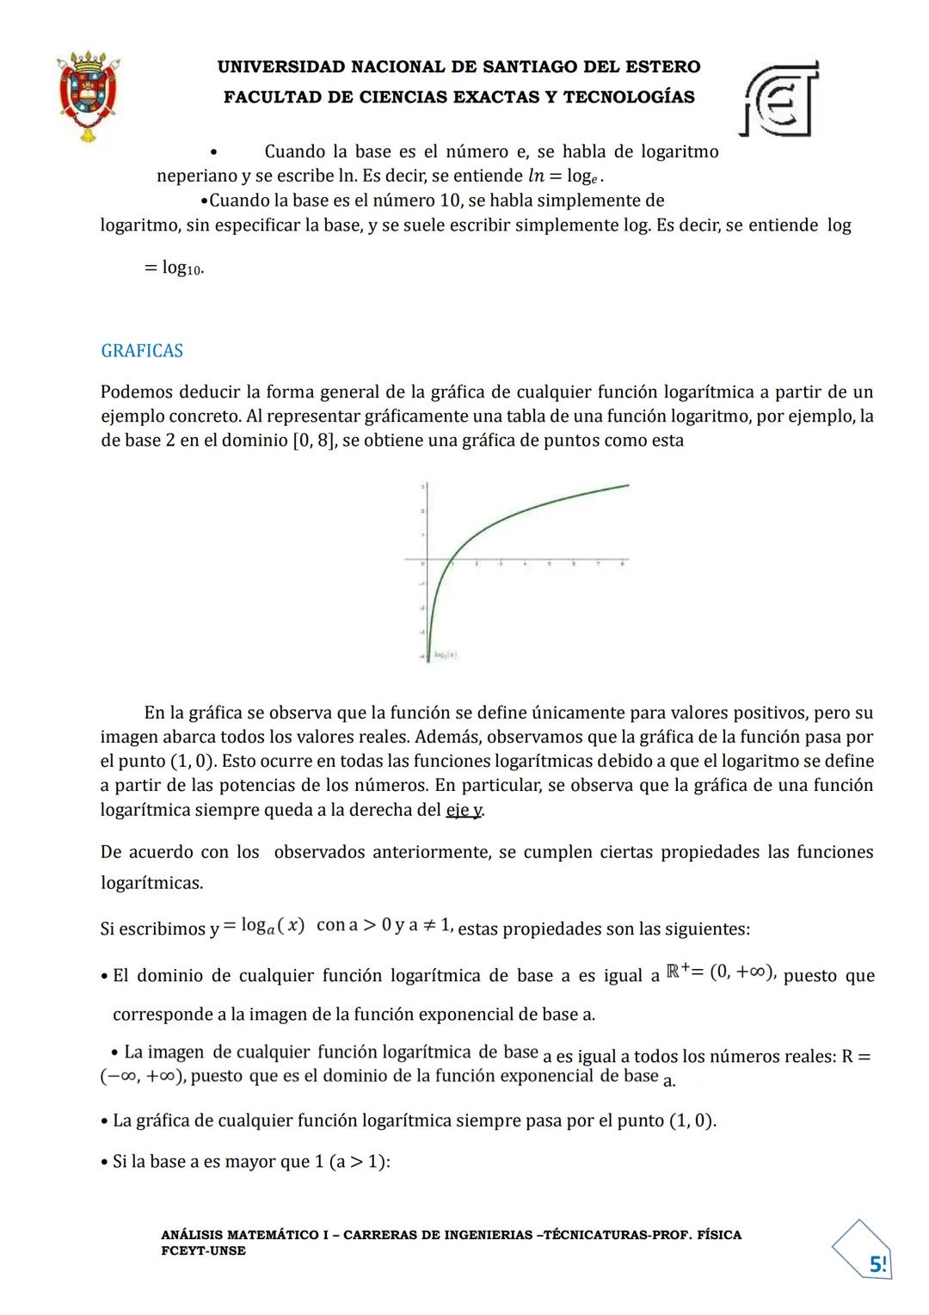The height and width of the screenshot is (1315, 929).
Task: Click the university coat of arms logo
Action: click(87, 96)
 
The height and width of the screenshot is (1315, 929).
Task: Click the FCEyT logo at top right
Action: click(779, 99)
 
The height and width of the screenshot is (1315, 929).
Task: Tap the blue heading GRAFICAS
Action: click(142, 351)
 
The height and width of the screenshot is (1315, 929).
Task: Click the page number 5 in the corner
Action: click(877, 1264)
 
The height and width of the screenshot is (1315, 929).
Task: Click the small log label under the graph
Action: click(445, 655)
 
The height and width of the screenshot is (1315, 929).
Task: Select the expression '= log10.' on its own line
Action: click(174, 268)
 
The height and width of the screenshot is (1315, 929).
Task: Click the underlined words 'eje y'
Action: click(464, 810)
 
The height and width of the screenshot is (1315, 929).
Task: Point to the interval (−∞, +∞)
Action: click(141, 1077)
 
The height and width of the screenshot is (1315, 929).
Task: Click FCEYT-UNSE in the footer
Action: click(203, 1250)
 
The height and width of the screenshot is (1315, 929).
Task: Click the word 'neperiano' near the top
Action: click(196, 176)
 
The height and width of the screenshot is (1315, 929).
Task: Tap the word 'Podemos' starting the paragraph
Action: click(137, 392)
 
